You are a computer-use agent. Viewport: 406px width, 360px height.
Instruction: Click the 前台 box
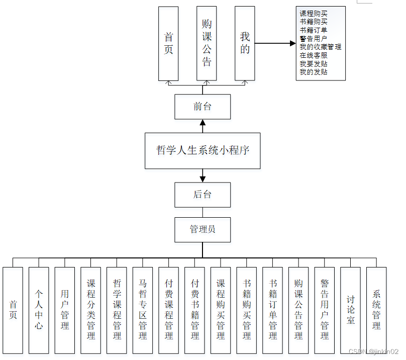[x=202, y=107]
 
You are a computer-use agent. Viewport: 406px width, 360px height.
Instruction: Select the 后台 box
[x=202, y=195]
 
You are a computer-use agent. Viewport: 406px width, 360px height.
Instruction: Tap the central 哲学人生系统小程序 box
[x=202, y=150]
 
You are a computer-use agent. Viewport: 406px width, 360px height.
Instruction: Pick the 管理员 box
[x=202, y=229]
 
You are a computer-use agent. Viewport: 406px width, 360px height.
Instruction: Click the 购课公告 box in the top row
[x=207, y=43]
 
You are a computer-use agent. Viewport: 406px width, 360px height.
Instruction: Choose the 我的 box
[x=245, y=43]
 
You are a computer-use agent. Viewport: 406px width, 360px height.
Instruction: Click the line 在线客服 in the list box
[x=314, y=55]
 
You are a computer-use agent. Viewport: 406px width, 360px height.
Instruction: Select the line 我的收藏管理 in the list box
[x=320, y=47]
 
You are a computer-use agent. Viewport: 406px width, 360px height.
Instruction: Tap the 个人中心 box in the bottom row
[x=39, y=310]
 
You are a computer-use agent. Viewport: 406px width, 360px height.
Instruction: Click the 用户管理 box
[x=65, y=310]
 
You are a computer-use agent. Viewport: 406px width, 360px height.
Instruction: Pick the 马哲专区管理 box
[x=143, y=310]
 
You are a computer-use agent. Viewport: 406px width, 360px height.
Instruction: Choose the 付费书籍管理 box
[x=195, y=310]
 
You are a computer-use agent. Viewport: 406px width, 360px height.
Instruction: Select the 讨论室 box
[x=351, y=310]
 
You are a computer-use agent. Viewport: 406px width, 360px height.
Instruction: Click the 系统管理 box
[x=376, y=310]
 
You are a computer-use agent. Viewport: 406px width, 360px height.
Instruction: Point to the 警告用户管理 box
[x=325, y=310]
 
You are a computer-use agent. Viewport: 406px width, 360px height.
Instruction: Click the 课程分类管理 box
[x=91, y=310]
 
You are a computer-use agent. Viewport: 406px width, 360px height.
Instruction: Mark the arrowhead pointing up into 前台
[x=202, y=122]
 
